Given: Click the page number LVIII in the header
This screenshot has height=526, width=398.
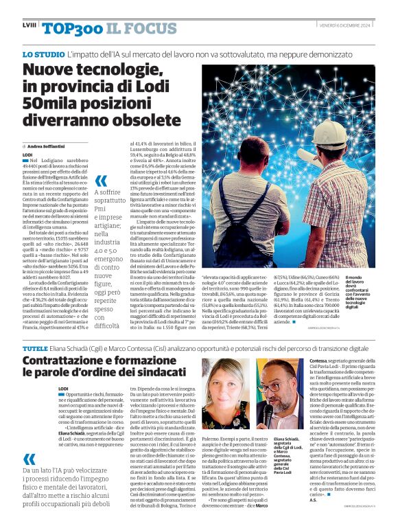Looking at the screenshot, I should [x=30, y=25].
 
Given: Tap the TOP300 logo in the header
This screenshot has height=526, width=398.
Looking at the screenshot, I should [x=69, y=28].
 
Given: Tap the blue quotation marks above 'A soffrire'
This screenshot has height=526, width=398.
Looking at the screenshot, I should [x=101, y=182].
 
